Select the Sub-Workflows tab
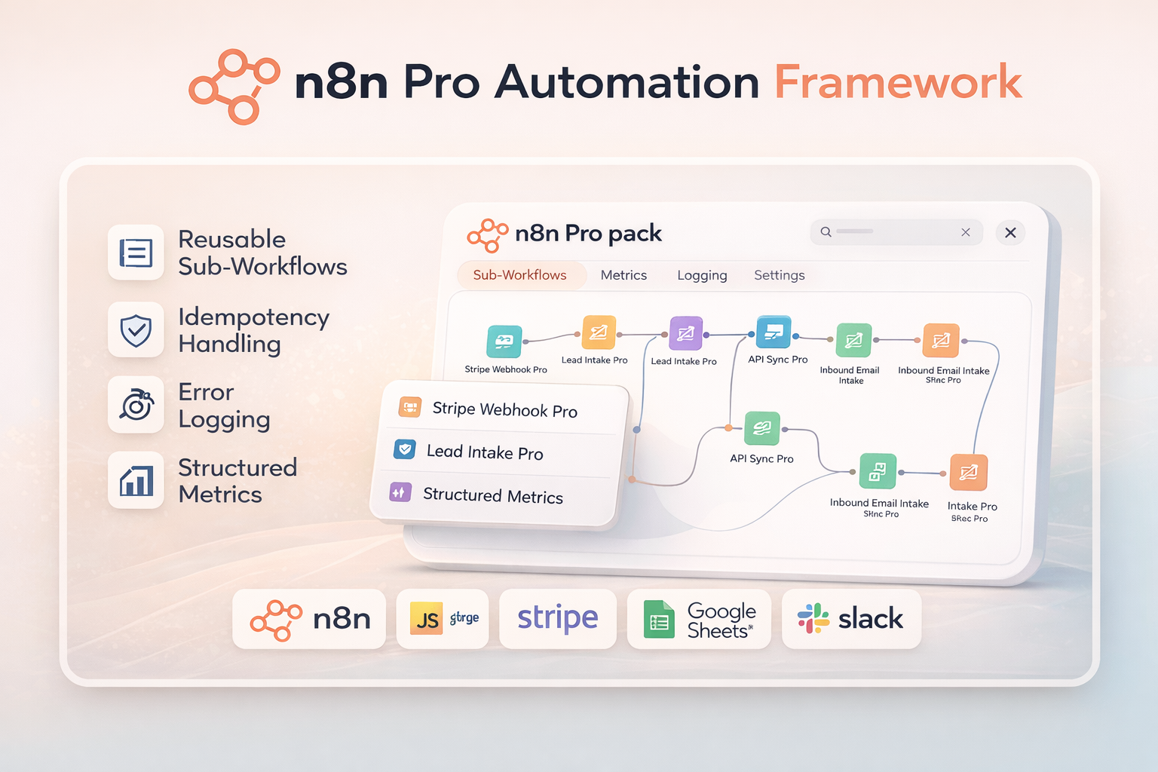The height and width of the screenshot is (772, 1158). (519, 275)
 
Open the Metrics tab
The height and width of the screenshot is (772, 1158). (623, 275)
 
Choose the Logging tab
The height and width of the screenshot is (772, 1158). (702, 275)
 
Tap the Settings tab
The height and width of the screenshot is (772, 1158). (779, 275)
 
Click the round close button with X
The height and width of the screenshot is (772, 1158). (1010, 233)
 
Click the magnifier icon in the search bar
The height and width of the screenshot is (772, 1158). (826, 232)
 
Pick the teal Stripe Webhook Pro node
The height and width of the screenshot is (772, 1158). (504, 341)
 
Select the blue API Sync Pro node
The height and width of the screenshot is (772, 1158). (774, 332)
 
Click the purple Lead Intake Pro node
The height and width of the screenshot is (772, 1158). (686, 333)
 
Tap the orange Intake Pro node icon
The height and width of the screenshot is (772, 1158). (969, 473)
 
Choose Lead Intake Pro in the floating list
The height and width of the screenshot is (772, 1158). (484, 452)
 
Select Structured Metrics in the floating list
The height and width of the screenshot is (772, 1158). (492, 495)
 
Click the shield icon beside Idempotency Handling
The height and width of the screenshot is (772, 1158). (136, 329)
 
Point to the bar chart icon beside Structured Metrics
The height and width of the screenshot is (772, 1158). (136, 480)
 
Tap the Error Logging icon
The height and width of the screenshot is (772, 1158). (136, 405)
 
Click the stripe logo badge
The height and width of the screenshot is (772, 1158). (558, 619)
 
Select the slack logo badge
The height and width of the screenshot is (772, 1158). (851, 619)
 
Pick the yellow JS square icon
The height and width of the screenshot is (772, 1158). (427, 619)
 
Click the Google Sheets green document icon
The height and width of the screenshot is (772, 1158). (659, 620)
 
